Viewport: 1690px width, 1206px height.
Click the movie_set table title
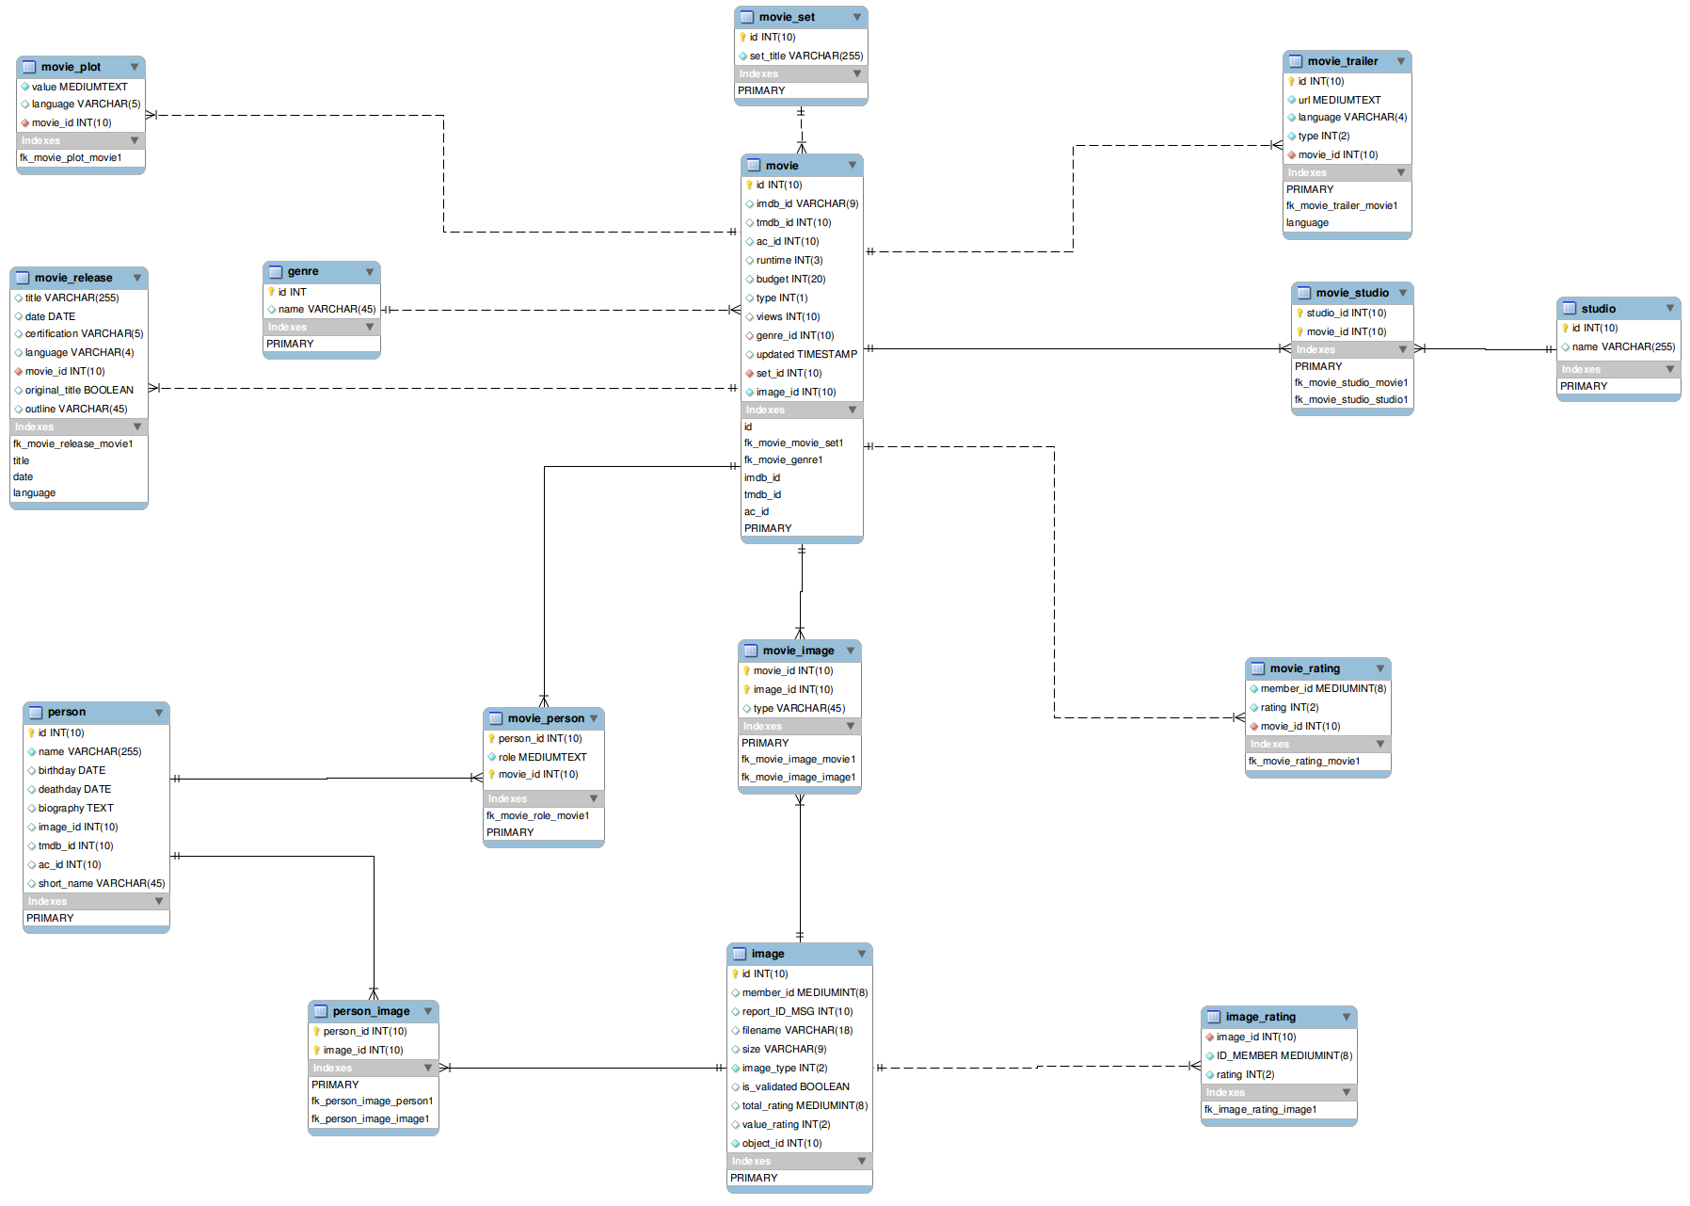787,17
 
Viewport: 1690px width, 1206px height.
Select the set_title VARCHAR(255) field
805,56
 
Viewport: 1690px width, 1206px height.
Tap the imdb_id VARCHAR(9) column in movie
806,203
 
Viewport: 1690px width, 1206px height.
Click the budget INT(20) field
790,279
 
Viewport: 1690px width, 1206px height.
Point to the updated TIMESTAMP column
806,354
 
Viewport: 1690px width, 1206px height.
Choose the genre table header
303,271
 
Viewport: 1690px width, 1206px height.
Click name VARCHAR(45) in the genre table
327,309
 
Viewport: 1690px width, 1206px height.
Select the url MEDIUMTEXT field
1339,100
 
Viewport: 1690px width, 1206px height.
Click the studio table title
1598,309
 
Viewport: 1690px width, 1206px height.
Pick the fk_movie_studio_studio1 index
1351,399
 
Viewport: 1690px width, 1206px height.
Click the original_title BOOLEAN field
79,390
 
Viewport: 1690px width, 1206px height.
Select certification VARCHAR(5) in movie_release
84,333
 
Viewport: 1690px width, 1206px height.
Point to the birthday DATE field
72,770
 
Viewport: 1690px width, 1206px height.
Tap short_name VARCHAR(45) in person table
102,883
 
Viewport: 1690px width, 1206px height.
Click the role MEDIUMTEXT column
542,757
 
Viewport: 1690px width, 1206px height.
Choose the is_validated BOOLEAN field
795,1086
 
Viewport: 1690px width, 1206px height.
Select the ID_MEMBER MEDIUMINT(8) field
1283,1055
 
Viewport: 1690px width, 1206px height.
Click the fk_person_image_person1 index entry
372,1101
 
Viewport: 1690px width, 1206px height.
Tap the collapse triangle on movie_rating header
1380,668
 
